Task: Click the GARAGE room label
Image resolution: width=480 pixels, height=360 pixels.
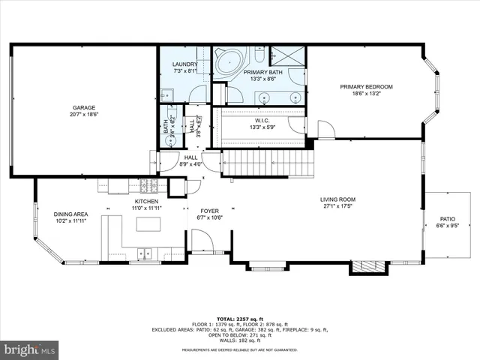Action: pos(84,107)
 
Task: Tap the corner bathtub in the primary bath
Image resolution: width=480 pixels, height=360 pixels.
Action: pos(229,63)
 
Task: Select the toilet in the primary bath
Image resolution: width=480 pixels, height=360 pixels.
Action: pos(259,56)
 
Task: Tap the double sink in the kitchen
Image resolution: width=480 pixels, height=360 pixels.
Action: pos(143,254)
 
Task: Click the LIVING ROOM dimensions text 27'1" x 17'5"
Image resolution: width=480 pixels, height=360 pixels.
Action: pos(339,206)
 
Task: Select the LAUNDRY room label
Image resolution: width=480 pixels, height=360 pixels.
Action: pos(184,64)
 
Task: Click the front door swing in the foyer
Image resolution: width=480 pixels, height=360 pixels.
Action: pos(201,241)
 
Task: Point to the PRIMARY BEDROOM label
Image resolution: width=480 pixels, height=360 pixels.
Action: pos(366,87)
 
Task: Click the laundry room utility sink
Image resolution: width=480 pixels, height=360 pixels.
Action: pos(167,94)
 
